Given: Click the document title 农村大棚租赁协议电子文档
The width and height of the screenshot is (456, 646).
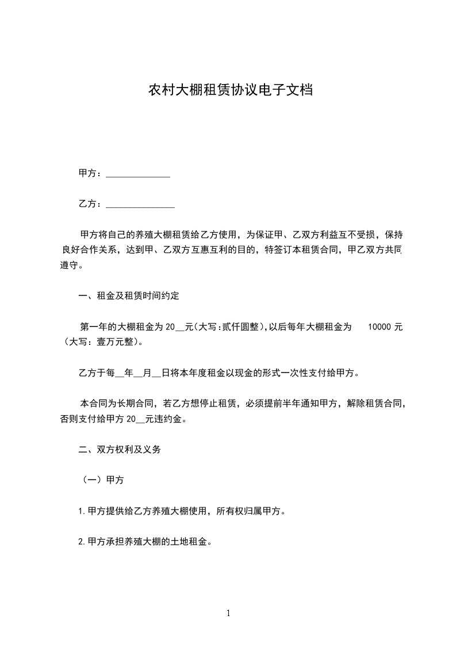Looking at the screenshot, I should pos(231,90).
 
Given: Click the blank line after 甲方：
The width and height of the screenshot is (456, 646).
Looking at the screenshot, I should pos(138,174).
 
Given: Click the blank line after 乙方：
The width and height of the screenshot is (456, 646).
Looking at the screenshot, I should pos(140,204).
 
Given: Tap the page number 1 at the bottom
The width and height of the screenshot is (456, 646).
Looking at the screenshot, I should pos(228,613).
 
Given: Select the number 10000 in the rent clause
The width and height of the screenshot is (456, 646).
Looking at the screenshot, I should pos(380,327).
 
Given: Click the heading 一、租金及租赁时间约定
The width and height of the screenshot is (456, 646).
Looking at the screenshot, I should pos(129,297).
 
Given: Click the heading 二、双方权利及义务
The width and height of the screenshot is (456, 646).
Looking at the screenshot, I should pos(119,450).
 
